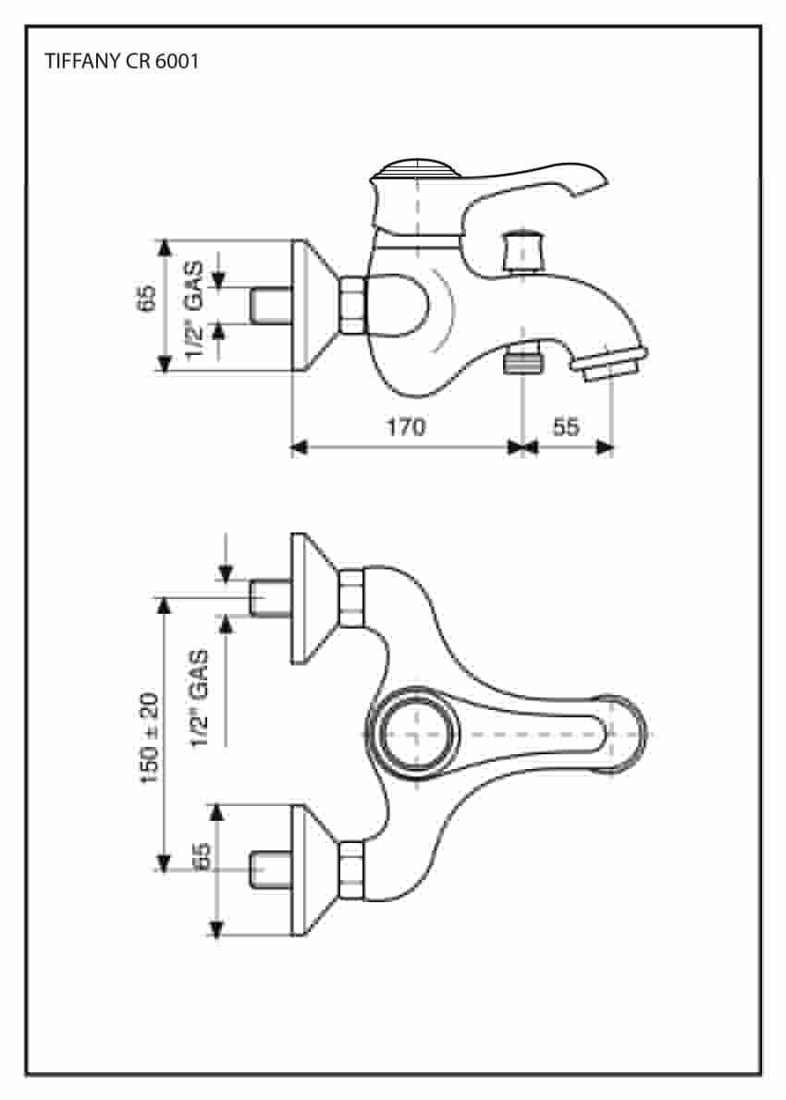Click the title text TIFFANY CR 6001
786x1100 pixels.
122,61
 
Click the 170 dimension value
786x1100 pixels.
406,426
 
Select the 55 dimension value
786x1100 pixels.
566,426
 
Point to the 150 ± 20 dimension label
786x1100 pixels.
150,738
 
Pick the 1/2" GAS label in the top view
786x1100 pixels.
200,699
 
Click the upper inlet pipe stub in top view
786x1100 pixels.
271,598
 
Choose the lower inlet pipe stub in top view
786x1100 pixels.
271,870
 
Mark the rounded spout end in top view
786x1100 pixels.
623,735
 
